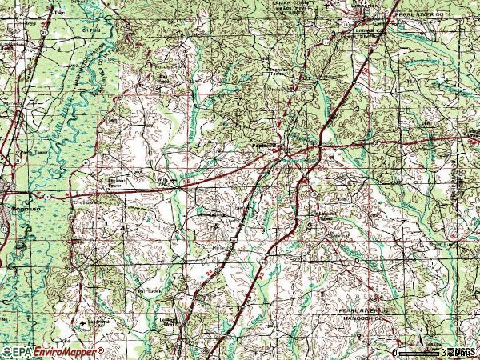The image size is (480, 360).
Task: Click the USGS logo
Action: [463, 352]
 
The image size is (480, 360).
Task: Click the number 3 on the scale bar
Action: [443, 352]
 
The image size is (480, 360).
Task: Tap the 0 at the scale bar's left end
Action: [395, 352]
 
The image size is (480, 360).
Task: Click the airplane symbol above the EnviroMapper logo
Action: [84, 322]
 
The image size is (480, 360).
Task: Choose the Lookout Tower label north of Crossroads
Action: [97, 182]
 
